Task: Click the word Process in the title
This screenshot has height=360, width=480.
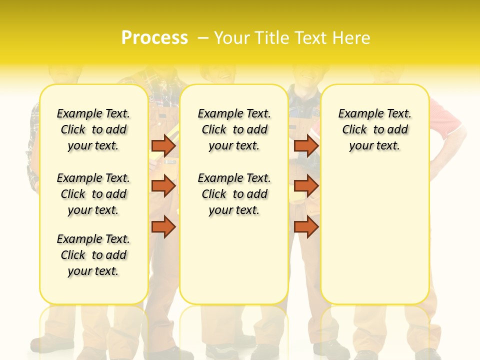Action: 154,38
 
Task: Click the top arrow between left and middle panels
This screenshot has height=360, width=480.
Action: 163,145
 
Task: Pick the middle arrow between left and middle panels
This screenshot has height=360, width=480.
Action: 163,186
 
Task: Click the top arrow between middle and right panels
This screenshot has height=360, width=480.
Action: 306,145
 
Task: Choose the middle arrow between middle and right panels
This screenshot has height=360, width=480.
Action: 306,186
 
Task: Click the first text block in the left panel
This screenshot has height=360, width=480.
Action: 93,129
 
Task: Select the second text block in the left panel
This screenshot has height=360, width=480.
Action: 93,194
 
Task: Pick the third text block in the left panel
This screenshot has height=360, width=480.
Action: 93,255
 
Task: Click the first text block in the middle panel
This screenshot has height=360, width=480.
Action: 234,129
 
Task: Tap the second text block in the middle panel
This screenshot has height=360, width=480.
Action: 234,194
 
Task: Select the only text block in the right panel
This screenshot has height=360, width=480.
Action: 374,129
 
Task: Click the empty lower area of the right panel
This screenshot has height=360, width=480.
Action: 374,235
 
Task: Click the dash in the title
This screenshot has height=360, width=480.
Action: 203,38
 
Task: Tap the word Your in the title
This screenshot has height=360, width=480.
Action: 231,38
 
